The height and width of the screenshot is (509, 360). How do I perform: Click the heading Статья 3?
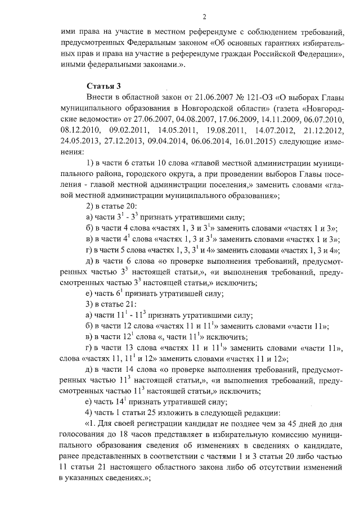(103, 86)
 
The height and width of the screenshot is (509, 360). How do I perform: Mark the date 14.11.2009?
(276, 119)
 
